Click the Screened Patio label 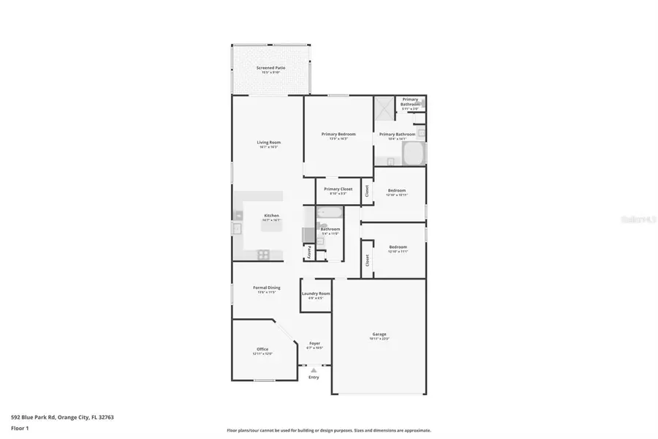(x=271, y=68)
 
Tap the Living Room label (x=268, y=143)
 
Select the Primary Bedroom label (x=339, y=134)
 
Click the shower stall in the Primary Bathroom (x=384, y=109)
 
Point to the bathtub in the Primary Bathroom (x=414, y=154)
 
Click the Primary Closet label (x=339, y=189)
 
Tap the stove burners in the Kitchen (x=263, y=254)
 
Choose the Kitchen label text (x=271, y=216)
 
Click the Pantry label (x=309, y=251)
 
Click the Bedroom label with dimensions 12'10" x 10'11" (x=397, y=191)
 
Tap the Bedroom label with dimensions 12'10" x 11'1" (x=398, y=247)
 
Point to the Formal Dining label (x=266, y=288)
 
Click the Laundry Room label (x=316, y=293)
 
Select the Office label (x=262, y=350)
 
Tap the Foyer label (x=314, y=343)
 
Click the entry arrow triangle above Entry (x=314, y=370)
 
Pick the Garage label (x=379, y=334)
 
